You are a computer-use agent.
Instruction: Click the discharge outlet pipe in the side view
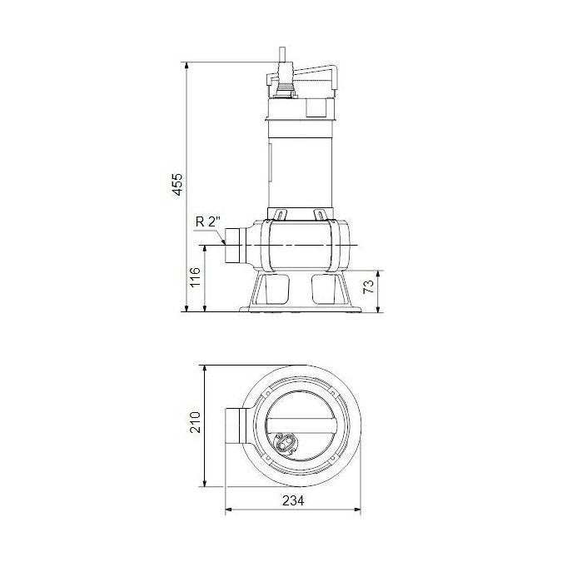(238, 246)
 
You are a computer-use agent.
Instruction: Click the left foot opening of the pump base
(272, 289)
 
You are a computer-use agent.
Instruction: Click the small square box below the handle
(317, 107)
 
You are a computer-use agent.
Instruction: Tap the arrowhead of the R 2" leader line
(226, 241)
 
